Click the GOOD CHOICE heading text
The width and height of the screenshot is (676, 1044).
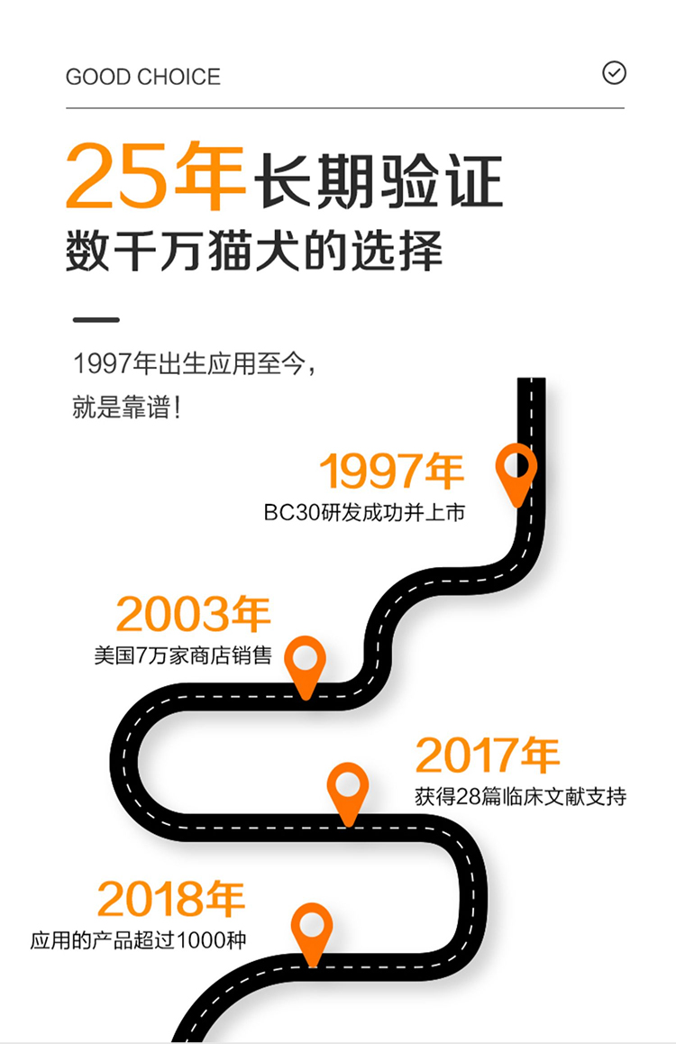pos(142,78)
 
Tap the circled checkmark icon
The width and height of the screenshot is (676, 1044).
pos(614,73)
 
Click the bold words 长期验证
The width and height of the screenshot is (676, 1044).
pos(378,181)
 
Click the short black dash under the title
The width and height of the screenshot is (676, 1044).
pos(96,319)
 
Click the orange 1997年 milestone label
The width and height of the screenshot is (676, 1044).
pos(391,472)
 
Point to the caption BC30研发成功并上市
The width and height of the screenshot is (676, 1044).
pos(364,513)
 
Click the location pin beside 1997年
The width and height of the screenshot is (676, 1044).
pos(516,471)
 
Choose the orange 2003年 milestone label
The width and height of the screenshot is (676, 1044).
pos(193,615)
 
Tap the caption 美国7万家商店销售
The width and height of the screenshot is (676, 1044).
pos(182,655)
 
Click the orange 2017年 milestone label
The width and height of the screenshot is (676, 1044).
pos(487,756)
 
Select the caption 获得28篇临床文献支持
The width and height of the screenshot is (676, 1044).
pos(520,797)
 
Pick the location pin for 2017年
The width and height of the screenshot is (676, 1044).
pos(347,790)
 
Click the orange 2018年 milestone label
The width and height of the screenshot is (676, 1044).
pos(171,899)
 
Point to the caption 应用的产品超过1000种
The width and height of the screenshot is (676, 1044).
pos(138,940)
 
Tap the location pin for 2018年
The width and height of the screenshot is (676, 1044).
pos(312,930)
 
